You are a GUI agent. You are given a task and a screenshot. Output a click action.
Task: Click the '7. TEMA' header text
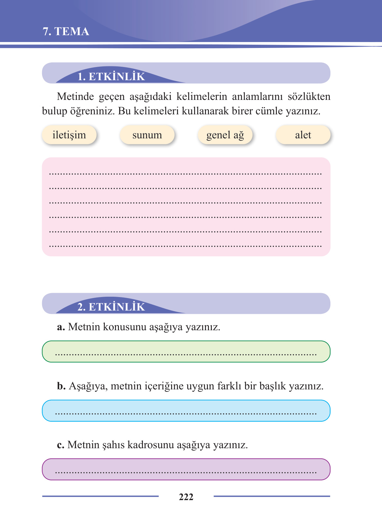click(x=66, y=32)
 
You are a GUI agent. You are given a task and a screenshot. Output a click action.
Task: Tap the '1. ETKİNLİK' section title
click(x=111, y=77)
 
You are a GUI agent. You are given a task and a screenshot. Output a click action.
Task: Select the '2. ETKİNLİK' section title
click(x=111, y=307)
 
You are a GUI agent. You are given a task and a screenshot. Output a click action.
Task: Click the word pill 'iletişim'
click(x=69, y=135)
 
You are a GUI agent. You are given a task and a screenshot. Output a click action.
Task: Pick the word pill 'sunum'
click(x=147, y=135)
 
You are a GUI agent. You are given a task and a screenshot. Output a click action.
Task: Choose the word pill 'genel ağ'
click(x=225, y=135)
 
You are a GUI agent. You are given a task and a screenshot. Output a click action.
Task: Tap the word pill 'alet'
click(x=303, y=135)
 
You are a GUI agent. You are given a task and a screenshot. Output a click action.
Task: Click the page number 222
click(x=186, y=497)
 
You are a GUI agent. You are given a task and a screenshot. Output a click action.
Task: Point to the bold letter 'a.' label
click(x=61, y=327)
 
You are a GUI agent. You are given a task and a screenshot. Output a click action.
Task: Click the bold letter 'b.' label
click(x=61, y=386)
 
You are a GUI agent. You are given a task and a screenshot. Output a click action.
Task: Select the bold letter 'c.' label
click(x=60, y=445)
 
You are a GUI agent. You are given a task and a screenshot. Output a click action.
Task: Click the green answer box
click(x=186, y=352)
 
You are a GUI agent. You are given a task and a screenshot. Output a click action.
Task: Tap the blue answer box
click(x=186, y=411)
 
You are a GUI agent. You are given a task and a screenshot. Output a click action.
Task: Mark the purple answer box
click(x=186, y=469)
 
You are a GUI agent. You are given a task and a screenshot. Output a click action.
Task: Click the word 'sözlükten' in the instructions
click(x=309, y=97)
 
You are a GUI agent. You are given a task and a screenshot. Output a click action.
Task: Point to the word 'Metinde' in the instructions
click(x=73, y=97)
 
